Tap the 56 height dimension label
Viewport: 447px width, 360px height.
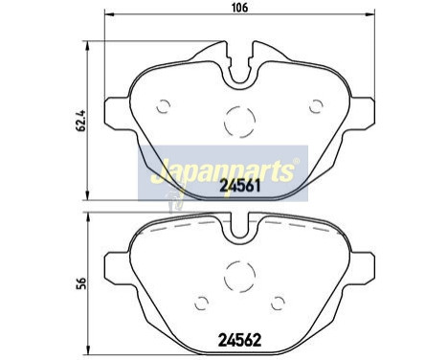pyautogui.click(x=67, y=282)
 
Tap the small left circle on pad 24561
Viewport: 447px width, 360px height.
pyautogui.click(x=164, y=104)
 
